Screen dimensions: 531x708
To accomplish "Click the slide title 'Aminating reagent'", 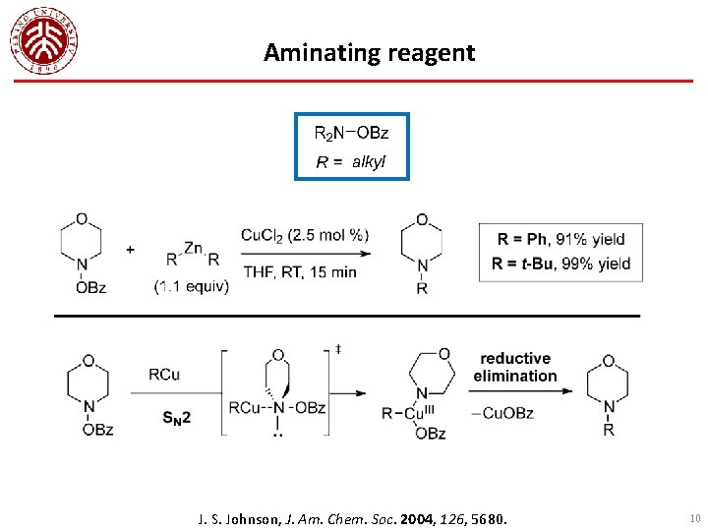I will click(x=369, y=52).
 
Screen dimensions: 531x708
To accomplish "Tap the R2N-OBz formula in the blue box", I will click(x=351, y=133).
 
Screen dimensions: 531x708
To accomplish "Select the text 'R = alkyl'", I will click(x=351, y=162).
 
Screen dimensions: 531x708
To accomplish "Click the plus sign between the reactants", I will click(x=130, y=250).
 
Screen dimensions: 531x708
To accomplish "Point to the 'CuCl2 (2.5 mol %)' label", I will click(x=305, y=234).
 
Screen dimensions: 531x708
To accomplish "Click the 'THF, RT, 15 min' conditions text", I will click(x=299, y=271).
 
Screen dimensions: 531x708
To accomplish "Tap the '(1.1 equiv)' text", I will click(x=192, y=287).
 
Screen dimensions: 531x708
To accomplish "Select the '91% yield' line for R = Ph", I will click(x=560, y=239).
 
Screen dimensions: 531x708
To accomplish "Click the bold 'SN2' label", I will click(x=177, y=417).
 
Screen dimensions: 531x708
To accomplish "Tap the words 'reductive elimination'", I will click(x=514, y=367).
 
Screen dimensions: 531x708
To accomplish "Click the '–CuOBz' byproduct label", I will click(x=502, y=413).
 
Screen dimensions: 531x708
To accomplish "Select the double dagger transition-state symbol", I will click(x=338, y=348).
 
